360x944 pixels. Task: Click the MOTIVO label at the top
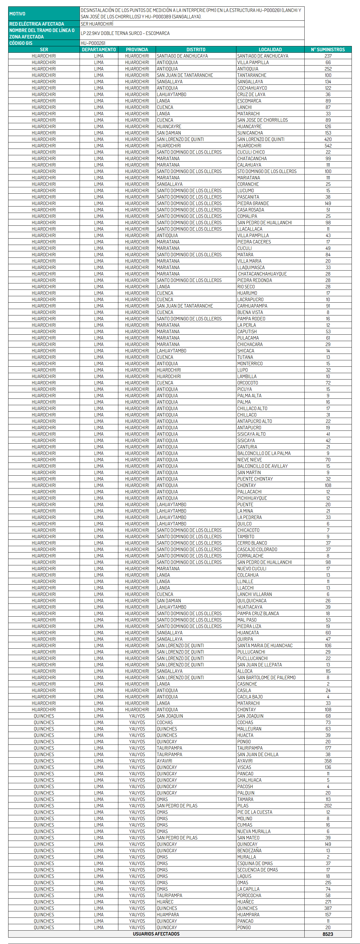[x=17, y=14]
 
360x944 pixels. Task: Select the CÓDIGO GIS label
[x=21, y=43]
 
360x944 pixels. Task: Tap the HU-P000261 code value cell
[x=93, y=43]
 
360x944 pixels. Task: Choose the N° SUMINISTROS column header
[x=328, y=50]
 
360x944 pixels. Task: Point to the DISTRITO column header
[x=196, y=50]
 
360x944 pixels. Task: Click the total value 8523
[x=328, y=934]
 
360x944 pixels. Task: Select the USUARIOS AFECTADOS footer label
[x=156, y=934]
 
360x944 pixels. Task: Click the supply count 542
[x=328, y=145]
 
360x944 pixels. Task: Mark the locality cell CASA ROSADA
[x=250, y=210]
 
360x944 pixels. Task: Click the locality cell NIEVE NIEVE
[x=249, y=460]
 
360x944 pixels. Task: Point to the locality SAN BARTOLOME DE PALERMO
[x=266, y=677]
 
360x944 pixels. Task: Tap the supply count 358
[x=328, y=761]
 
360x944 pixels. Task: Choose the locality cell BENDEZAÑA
[x=249, y=851]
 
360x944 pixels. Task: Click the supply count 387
[x=328, y=908]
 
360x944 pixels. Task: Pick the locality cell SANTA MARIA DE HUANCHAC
[x=265, y=645]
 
